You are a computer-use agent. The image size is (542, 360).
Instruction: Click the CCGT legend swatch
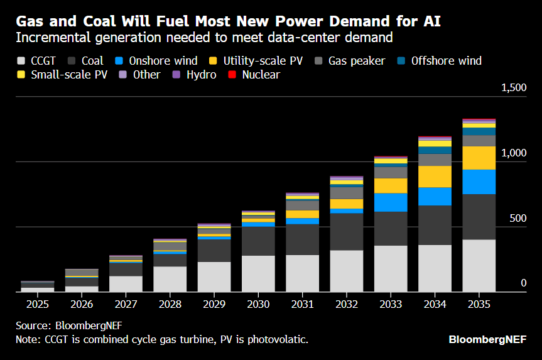[20, 61]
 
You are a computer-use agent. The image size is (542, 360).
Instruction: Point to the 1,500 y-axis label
[513, 88]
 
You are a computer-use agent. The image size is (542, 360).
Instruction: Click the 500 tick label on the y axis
[518, 218]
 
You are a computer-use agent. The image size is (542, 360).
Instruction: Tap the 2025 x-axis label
[37, 304]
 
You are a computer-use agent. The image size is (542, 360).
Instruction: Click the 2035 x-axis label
[479, 304]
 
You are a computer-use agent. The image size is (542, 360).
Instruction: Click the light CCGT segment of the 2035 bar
[479, 265]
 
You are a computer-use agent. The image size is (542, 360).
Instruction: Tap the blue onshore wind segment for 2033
[391, 202]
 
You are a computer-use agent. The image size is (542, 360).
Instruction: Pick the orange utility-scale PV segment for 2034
[435, 177]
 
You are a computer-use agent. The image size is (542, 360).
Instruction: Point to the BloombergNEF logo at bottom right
[487, 339]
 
